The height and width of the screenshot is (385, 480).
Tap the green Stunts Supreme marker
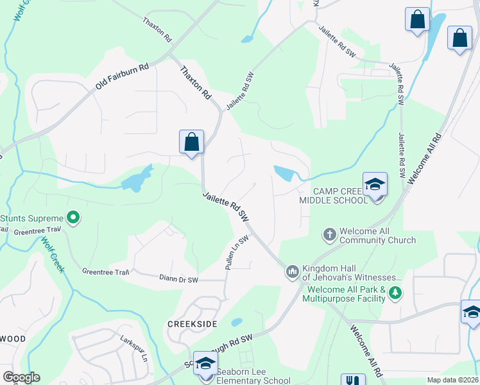pos(73,218)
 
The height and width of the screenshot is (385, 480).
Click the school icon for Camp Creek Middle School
pos(375,185)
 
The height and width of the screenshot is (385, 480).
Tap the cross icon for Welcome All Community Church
pos(330,235)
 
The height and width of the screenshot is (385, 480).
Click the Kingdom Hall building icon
pos(293,272)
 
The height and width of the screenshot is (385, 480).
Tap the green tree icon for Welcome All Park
pos(396,293)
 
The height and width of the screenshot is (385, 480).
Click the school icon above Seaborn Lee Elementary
pos(205,363)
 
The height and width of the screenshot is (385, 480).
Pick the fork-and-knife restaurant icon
pos(352,379)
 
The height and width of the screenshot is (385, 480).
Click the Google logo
pos(21,377)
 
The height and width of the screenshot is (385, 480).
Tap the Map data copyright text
pos(452,380)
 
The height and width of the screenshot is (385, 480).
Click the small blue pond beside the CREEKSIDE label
pos(237,322)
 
